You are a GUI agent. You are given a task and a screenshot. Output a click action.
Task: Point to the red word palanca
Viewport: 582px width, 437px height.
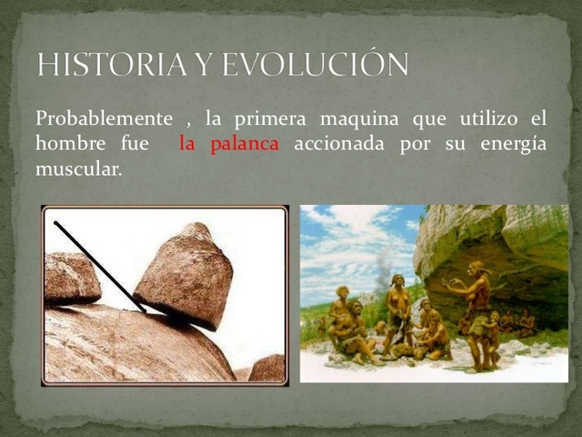point(245,144)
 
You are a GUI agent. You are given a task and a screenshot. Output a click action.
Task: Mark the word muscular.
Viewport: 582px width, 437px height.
point(77,168)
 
